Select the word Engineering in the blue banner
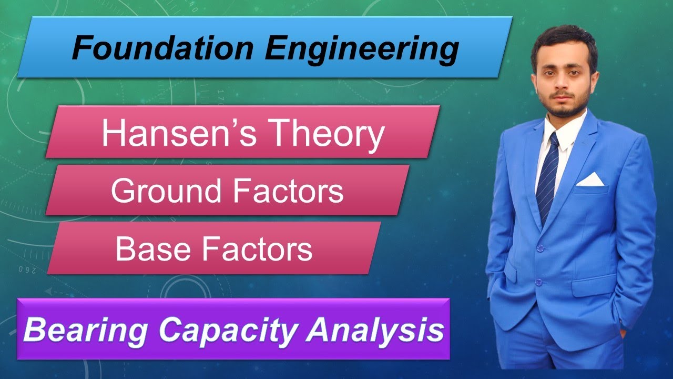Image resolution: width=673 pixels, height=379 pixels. pyautogui.click(x=361, y=48)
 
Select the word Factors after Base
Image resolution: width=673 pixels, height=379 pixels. pyautogui.click(x=258, y=249)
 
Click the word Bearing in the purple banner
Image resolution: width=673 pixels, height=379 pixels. pyautogui.click(x=87, y=331)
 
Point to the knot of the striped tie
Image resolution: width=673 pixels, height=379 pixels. pyautogui.click(x=554, y=141)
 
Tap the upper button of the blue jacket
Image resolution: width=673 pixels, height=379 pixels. pyautogui.click(x=539, y=247)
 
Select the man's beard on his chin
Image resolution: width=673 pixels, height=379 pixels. pyautogui.click(x=563, y=110)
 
